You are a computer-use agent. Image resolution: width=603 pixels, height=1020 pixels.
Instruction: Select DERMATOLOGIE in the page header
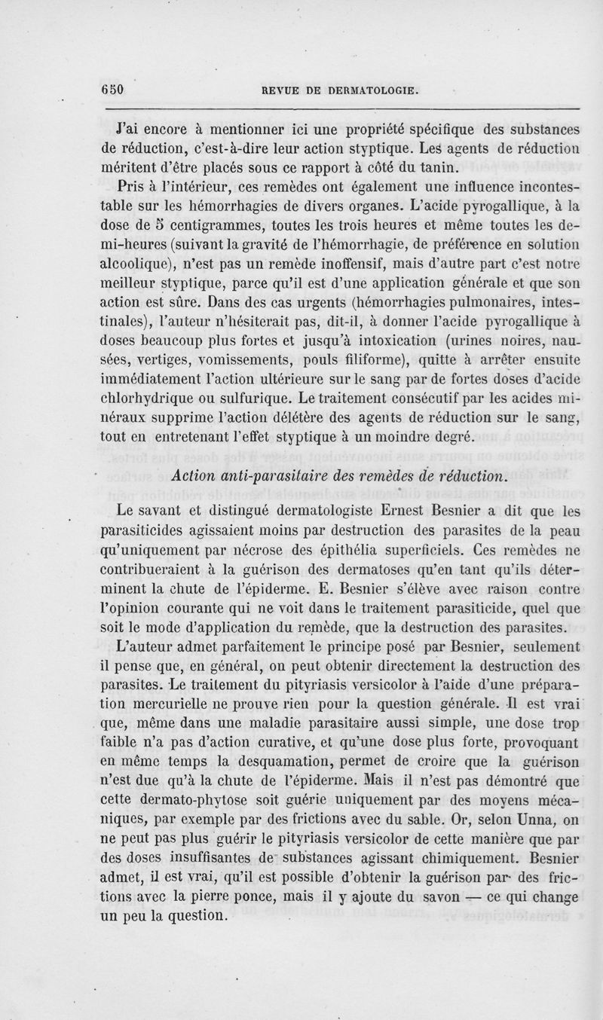click(368, 90)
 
